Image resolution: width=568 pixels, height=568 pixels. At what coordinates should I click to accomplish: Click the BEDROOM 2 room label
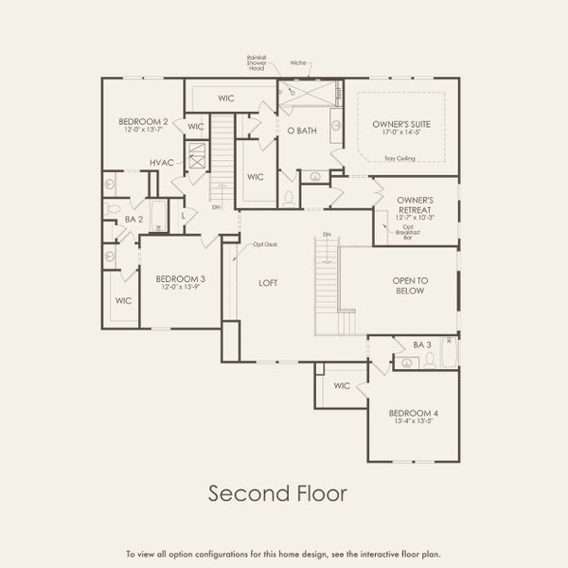click(x=143, y=121)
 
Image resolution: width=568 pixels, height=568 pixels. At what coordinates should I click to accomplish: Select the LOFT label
click(x=270, y=282)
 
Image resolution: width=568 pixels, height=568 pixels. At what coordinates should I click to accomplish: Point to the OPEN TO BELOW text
click(x=411, y=286)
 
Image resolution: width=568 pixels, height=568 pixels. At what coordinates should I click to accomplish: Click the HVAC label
click(x=161, y=163)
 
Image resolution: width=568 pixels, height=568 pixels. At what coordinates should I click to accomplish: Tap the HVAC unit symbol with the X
click(x=197, y=156)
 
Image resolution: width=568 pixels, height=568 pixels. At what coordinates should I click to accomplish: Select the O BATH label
click(x=301, y=131)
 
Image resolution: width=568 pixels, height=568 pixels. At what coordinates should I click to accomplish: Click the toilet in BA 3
click(x=429, y=360)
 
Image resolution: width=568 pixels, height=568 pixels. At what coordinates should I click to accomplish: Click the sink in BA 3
click(x=399, y=361)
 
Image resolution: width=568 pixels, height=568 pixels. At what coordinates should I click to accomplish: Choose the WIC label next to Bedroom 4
click(x=342, y=386)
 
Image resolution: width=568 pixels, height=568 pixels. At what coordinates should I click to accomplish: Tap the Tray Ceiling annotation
click(x=389, y=159)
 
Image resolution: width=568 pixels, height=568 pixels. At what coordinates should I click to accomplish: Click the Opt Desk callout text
click(x=265, y=244)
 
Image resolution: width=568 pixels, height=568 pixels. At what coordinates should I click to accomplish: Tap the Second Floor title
click(x=264, y=493)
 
